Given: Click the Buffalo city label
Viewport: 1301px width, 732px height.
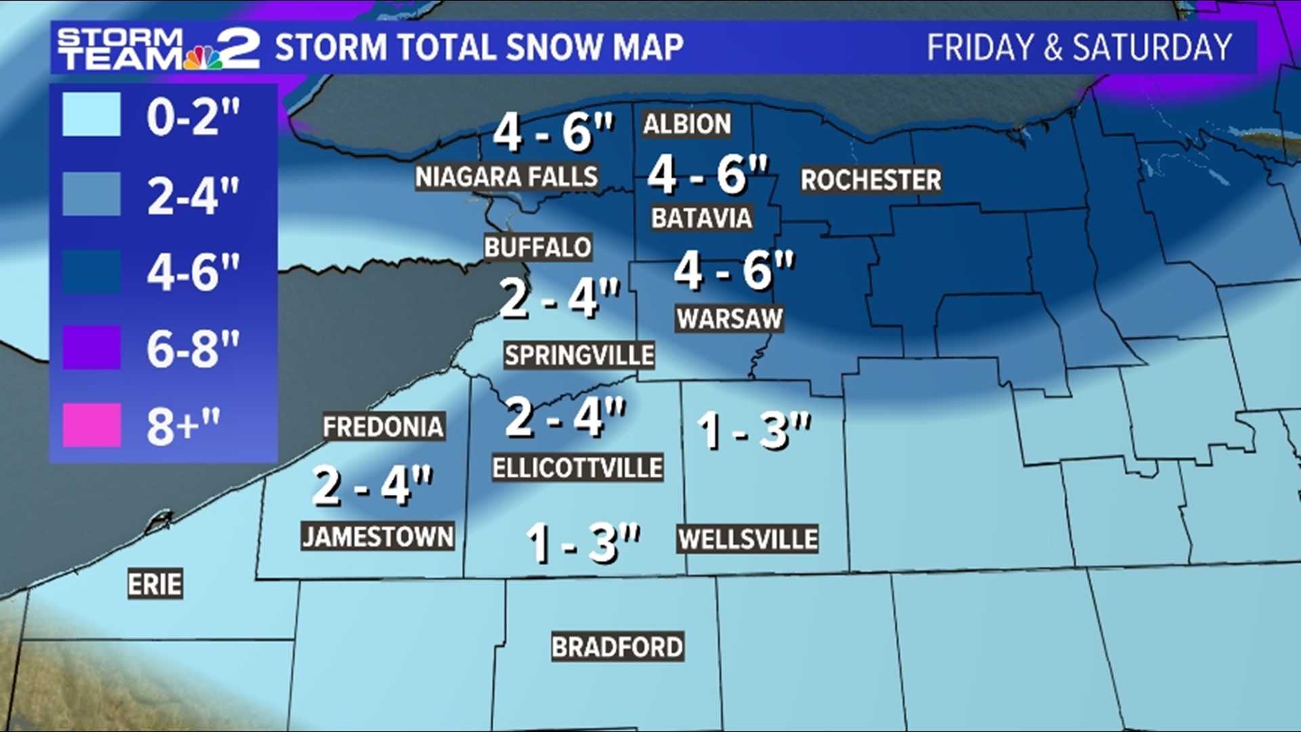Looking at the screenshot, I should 538,247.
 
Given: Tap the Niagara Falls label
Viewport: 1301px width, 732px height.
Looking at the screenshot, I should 506,177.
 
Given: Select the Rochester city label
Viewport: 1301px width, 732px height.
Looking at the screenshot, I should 871,180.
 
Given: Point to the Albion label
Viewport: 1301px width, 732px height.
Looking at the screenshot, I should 687,124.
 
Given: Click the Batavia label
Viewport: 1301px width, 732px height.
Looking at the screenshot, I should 701,218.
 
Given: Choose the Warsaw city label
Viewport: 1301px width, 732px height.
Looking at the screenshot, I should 730,319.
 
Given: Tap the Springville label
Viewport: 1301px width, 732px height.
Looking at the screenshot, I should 579,355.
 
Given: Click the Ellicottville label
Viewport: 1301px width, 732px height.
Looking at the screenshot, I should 577,468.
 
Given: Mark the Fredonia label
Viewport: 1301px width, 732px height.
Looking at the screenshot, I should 384,427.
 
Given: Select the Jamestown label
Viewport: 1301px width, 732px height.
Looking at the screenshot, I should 378,537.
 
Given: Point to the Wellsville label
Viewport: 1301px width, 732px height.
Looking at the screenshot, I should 748,540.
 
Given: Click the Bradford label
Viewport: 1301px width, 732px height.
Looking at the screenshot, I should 617,647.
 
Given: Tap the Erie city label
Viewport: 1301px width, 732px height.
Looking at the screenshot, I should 155,584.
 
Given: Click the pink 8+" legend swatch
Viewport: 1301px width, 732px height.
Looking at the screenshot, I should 92,425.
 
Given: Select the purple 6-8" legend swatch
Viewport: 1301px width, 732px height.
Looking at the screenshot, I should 92,347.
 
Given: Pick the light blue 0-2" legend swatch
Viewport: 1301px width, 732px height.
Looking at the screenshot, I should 92,115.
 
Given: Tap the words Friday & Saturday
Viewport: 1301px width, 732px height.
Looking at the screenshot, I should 1079,48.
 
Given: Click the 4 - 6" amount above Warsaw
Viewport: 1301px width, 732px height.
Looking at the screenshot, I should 734,271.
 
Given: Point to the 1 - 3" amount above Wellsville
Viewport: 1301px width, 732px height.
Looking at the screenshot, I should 754,430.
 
